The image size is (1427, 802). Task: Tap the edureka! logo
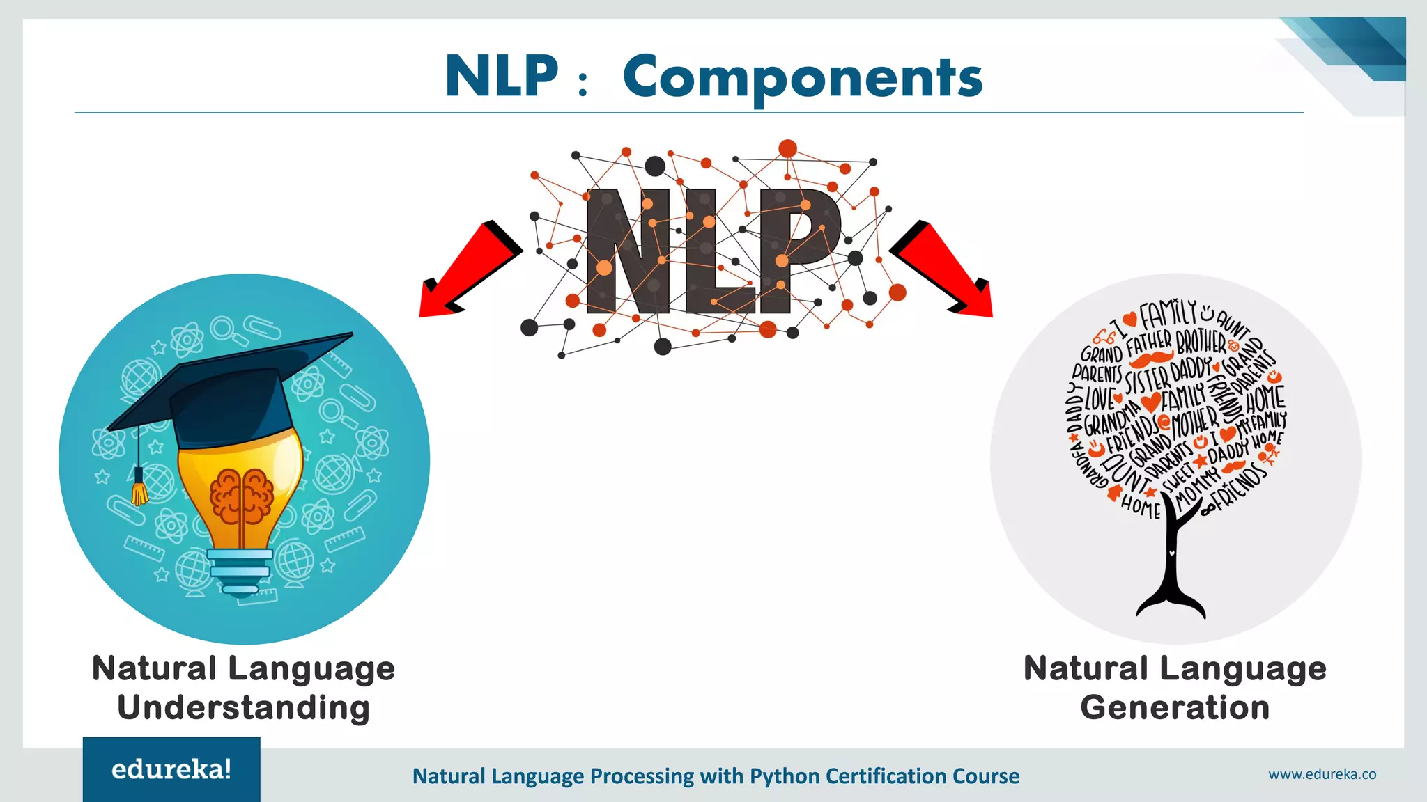point(171,769)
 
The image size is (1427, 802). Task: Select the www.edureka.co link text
point(1322,774)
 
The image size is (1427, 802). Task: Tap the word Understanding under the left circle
point(243,707)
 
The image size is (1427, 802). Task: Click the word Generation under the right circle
point(1175,707)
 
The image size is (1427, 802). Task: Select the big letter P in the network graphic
point(798,251)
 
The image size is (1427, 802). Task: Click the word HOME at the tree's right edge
point(1265,400)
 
